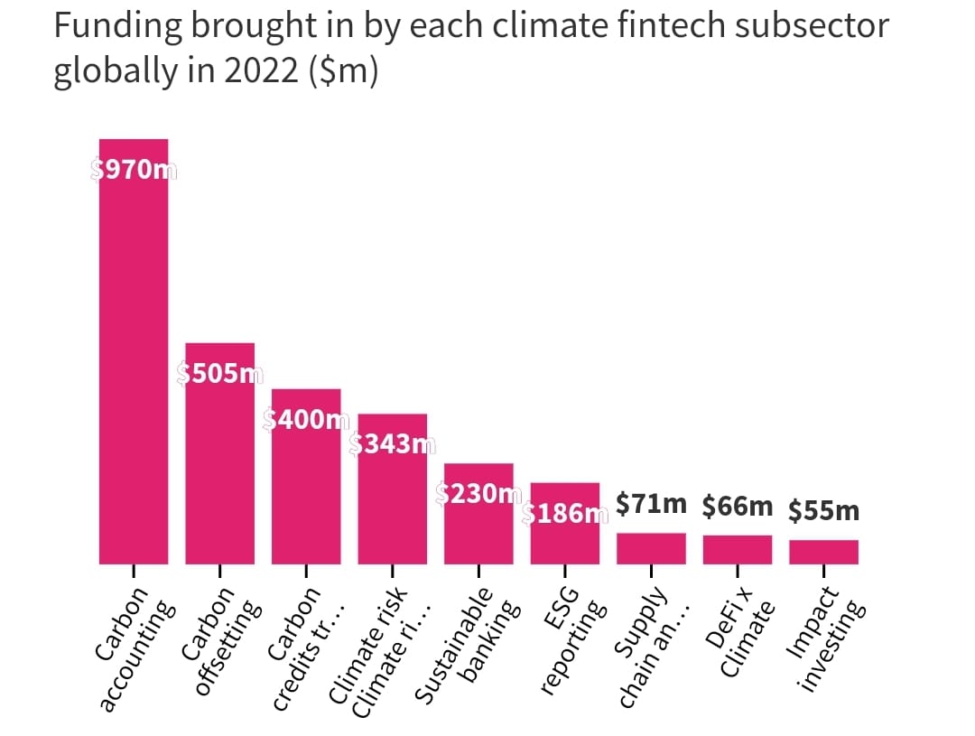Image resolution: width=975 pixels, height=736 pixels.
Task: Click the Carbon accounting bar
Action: [x=134, y=361]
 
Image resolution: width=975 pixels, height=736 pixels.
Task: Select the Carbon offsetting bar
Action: [x=219, y=461]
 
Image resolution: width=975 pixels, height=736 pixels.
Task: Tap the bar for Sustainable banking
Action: [x=478, y=524]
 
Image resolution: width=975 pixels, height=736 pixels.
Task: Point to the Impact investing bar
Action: [x=823, y=552]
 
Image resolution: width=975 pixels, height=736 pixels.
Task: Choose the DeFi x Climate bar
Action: [x=738, y=549]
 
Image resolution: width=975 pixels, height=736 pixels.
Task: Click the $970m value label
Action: [x=134, y=170]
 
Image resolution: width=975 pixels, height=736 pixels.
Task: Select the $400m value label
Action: [x=306, y=419]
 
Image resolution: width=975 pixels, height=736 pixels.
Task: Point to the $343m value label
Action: [x=392, y=444]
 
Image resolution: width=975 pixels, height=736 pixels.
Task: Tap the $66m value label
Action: [x=738, y=507]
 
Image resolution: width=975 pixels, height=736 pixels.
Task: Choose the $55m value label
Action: [x=823, y=511]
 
